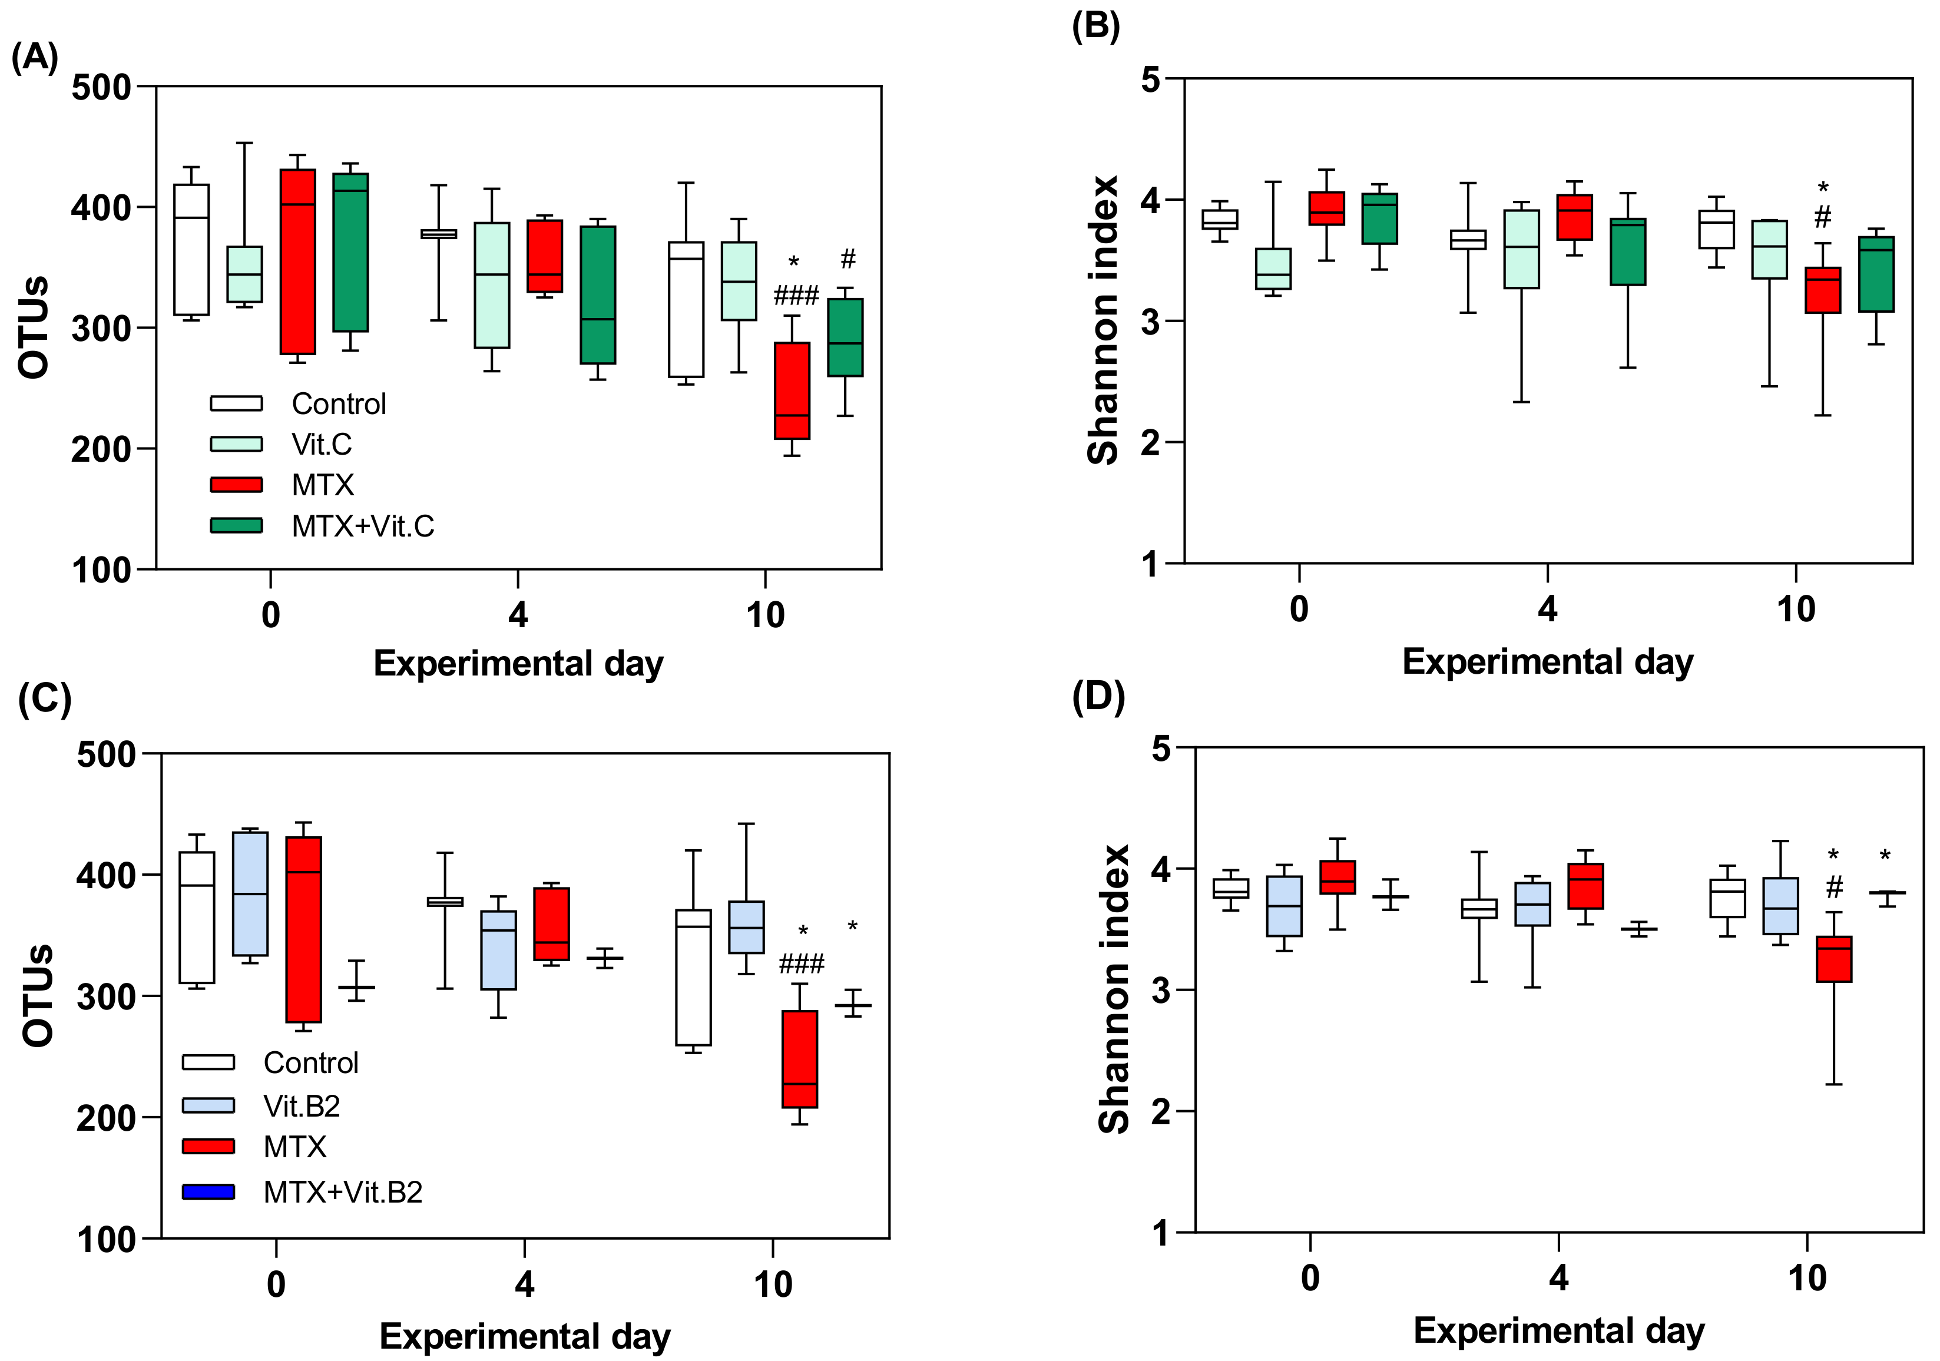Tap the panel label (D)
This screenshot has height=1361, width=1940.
[x=1098, y=697]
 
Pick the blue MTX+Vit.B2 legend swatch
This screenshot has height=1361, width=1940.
[x=208, y=1191]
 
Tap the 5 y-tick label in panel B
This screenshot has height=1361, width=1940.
[x=1151, y=80]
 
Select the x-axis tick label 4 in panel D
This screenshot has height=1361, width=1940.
[x=1559, y=1277]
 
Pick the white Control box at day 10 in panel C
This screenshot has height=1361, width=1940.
[x=693, y=978]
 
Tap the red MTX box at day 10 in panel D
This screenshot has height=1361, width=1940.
[x=1833, y=959]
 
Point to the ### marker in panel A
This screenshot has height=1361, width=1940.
[x=796, y=295]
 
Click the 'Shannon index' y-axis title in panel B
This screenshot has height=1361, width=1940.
[x=1103, y=321]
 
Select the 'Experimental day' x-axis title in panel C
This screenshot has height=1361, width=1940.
[x=525, y=1336]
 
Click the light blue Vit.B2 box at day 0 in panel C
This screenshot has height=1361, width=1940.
[x=250, y=894]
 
